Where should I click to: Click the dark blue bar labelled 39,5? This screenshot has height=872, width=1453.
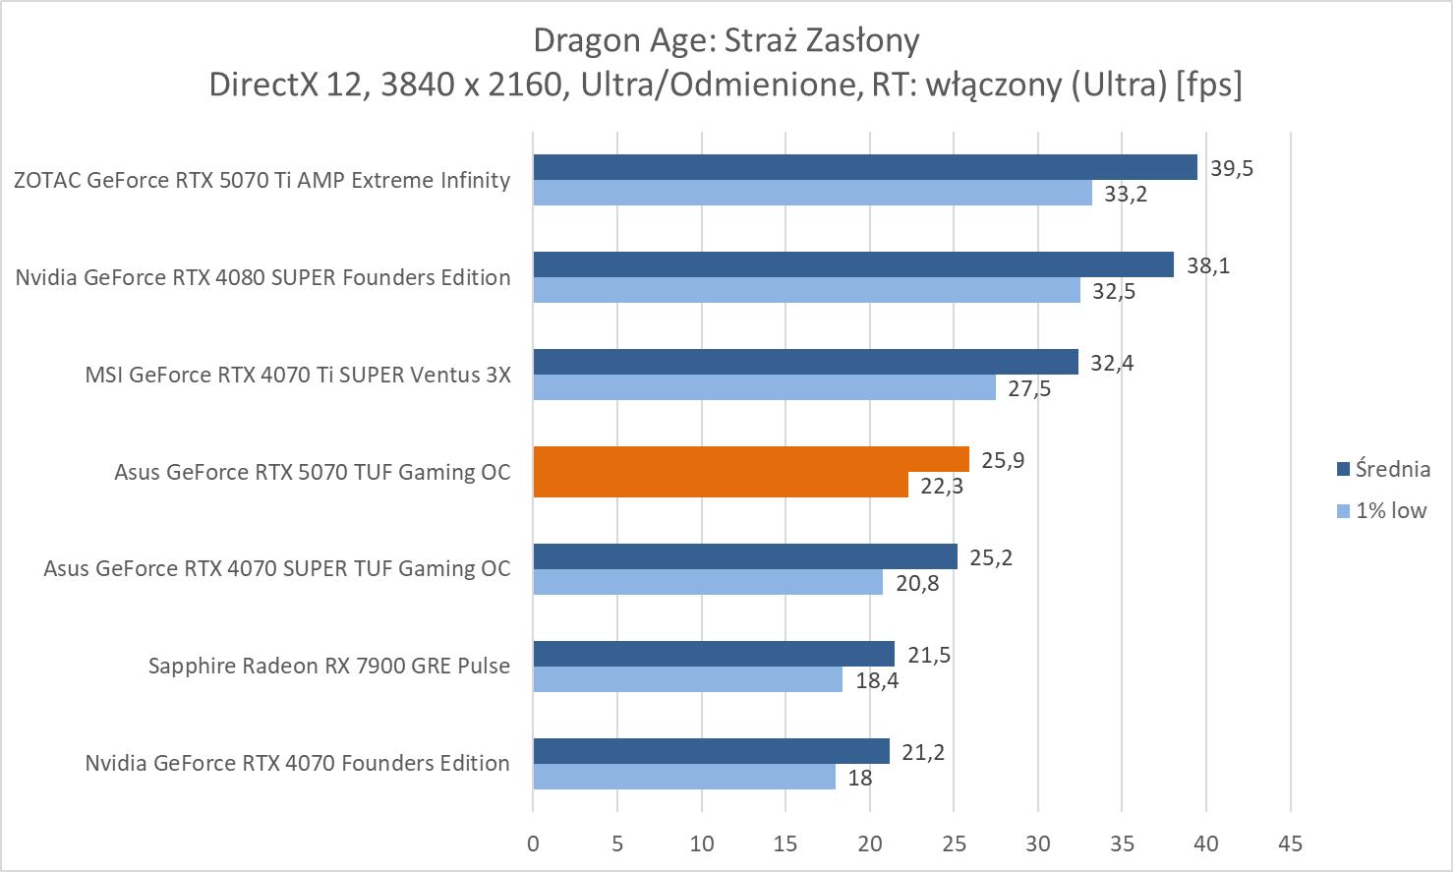coord(865,167)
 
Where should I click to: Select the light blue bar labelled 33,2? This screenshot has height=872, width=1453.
coord(812,193)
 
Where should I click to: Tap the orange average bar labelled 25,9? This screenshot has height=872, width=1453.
coord(751,459)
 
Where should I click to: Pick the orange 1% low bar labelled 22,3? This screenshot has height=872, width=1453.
coord(721,485)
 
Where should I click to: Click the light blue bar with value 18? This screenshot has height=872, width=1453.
coord(684,777)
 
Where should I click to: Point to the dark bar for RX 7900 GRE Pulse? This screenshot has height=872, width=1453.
coord(714,654)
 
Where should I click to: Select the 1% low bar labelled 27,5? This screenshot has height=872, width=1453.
coord(764,387)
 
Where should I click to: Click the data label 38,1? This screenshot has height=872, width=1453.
coord(1207,265)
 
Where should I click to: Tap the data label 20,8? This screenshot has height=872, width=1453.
coord(916,583)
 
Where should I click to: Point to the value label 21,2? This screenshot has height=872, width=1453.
coord(922,752)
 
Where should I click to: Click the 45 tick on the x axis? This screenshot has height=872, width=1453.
coord(1290,843)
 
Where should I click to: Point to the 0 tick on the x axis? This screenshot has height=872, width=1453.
coord(533,843)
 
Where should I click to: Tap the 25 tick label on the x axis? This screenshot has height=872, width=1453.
coord(954,843)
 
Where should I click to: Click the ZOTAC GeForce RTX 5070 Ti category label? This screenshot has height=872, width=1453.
coord(262,180)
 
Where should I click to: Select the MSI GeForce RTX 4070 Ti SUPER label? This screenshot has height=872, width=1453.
coord(298,375)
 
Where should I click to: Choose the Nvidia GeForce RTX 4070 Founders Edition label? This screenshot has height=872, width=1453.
coord(297,763)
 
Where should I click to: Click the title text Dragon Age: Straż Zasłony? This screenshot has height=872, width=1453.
coord(726,40)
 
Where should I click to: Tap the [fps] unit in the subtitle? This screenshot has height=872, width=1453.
coord(1208,85)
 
